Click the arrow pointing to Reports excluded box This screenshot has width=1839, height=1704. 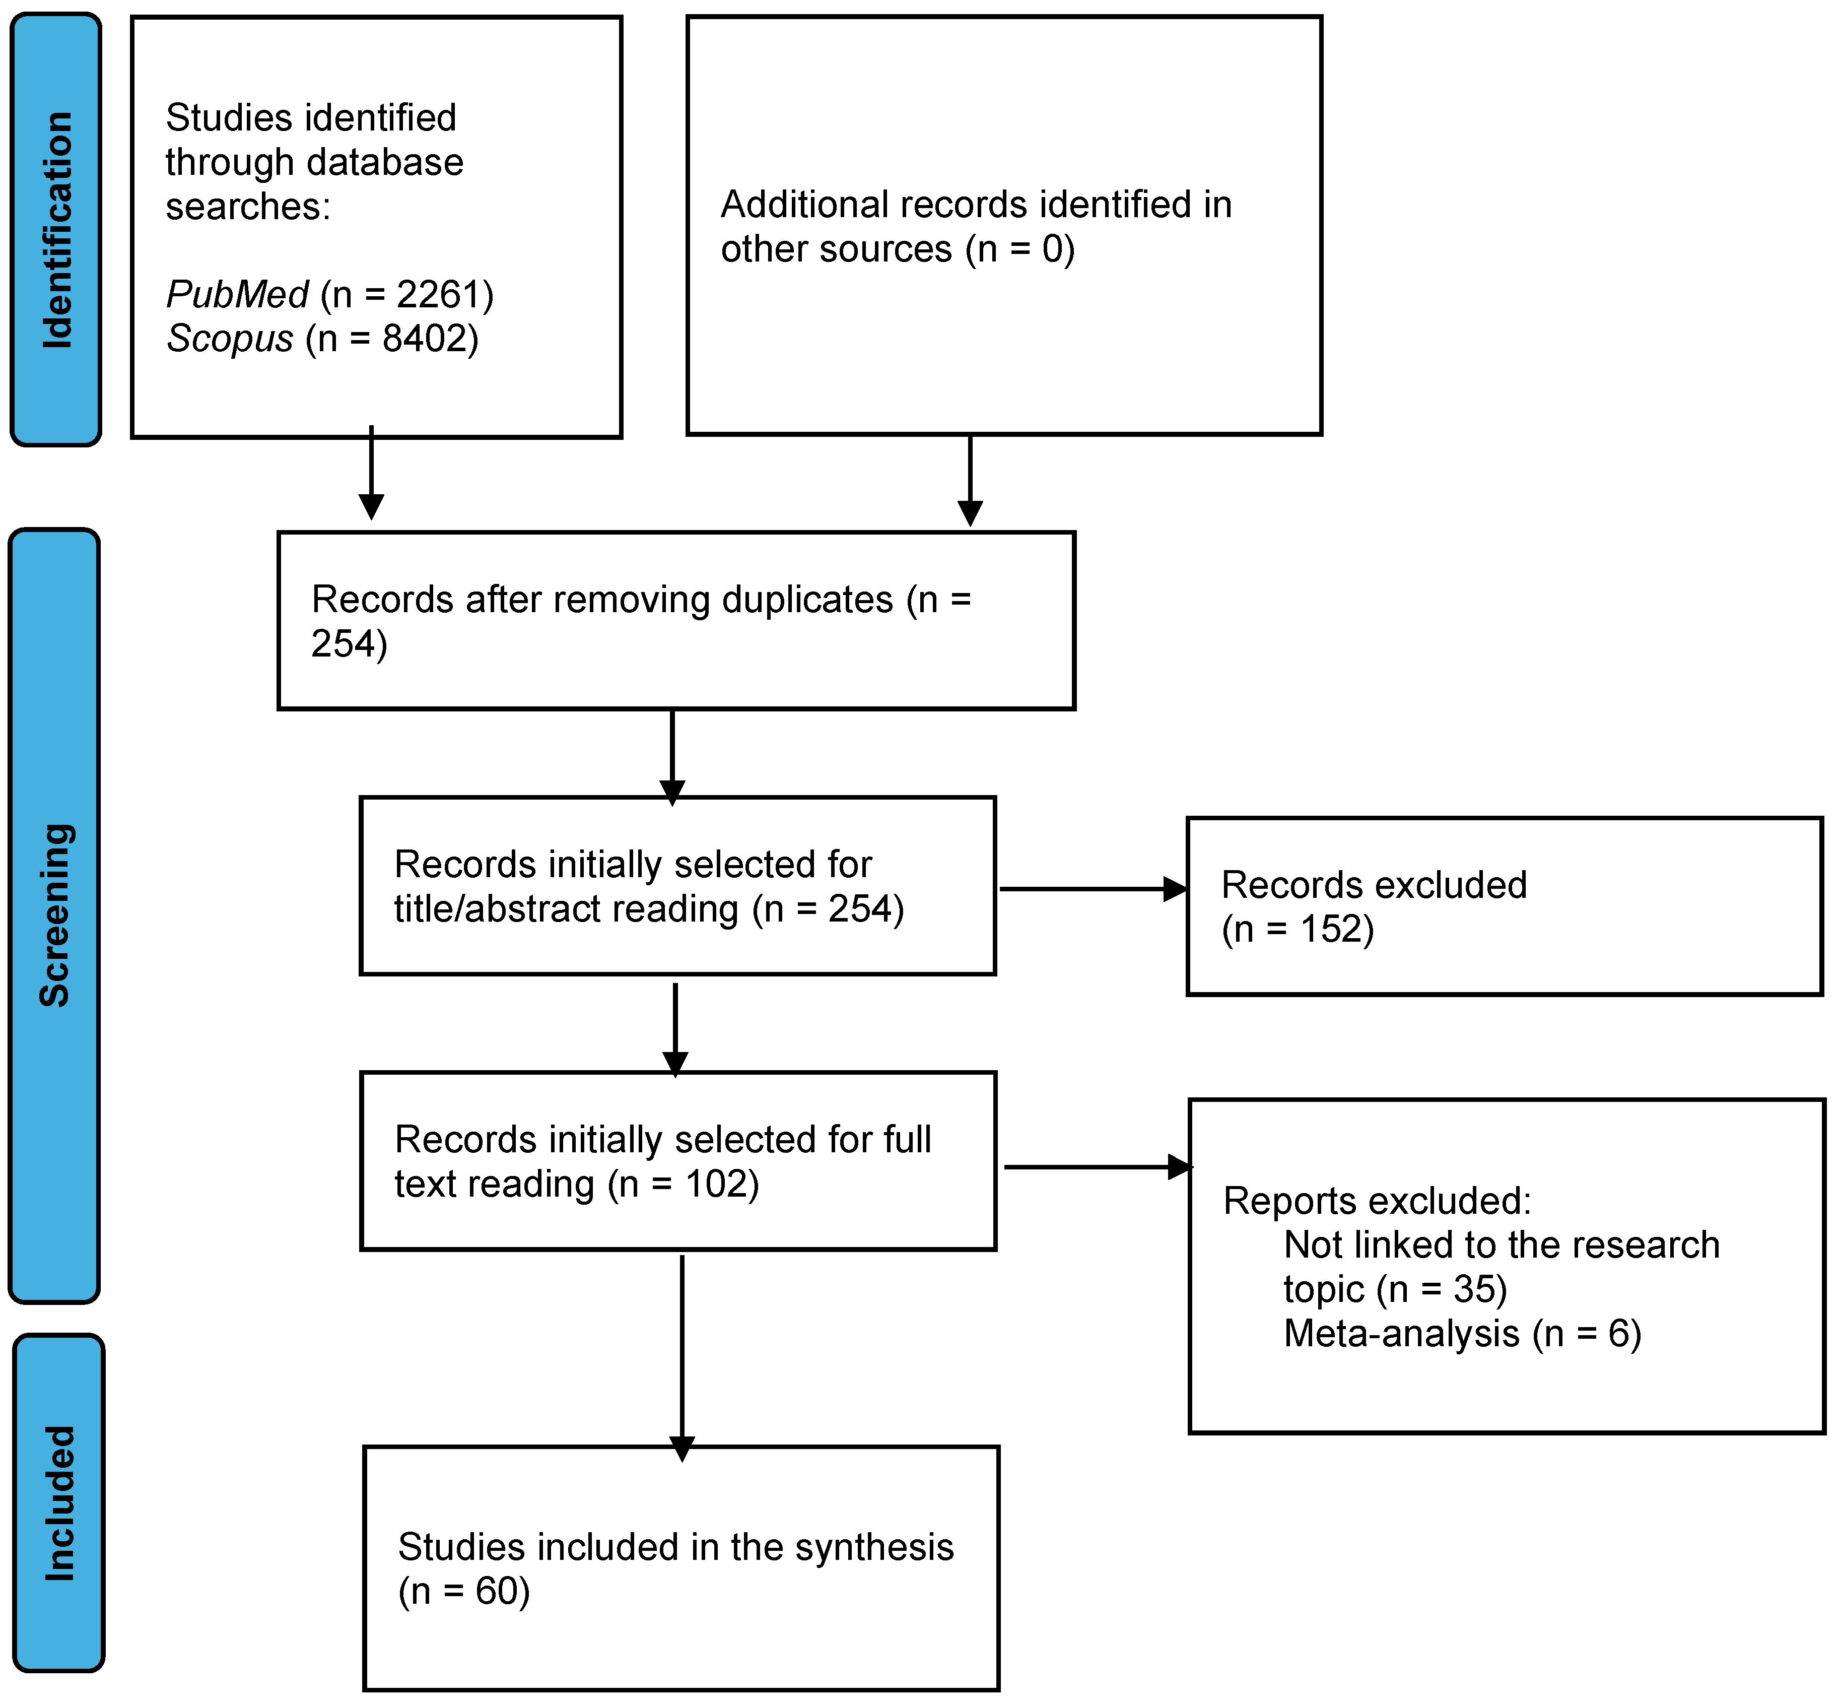click(1097, 1167)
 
